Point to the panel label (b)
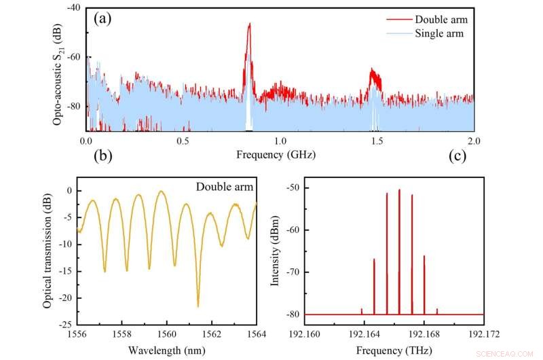(x=102, y=155)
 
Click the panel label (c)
(x=458, y=155)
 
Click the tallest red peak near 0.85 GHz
(x=249, y=24)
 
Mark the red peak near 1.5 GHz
(x=373, y=70)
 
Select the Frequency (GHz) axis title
(x=276, y=154)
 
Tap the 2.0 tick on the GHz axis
(x=474, y=141)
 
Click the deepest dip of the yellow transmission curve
(x=198, y=306)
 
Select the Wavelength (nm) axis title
(x=167, y=350)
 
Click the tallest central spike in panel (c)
(x=399, y=190)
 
